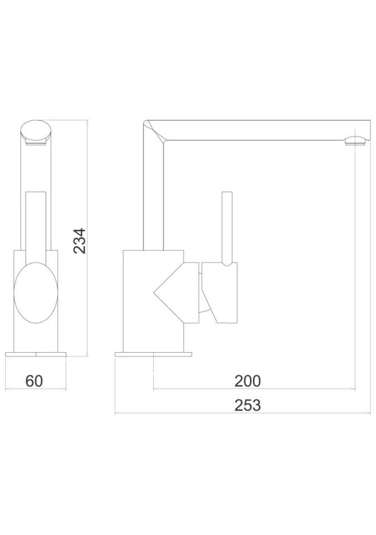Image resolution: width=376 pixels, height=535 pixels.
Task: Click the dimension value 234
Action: coord(80,240)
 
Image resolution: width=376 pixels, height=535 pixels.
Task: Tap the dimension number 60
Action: coord(35,381)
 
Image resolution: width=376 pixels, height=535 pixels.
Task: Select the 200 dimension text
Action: coord(247,381)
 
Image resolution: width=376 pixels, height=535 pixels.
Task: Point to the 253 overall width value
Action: coord(248,405)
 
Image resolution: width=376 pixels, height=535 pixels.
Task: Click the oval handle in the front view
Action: coord(35,293)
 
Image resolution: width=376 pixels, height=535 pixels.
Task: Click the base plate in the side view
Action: coord(154,354)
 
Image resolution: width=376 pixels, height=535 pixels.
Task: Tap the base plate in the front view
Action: coord(36,354)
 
